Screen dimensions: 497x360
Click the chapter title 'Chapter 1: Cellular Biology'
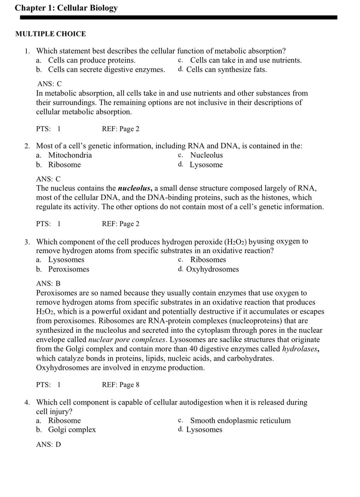click(x=66, y=8)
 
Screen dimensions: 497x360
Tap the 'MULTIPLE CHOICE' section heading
click(x=50, y=34)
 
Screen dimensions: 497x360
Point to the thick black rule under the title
click(x=179, y=17)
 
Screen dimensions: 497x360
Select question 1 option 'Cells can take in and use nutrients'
click(x=245, y=60)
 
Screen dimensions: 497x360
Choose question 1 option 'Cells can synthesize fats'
click(x=226, y=70)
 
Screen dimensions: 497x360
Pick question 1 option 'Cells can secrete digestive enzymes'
click(x=106, y=70)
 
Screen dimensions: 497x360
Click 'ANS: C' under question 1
click(x=49, y=84)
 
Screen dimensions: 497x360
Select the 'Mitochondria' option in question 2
click(x=70, y=155)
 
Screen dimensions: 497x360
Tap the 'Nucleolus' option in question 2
click(x=206, y=155)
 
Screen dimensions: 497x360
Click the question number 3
click(x=27, y=242)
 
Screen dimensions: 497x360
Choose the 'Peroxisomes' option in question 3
click(x=68, y=269)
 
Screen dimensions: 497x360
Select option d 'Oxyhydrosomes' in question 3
click(x=212, y=269)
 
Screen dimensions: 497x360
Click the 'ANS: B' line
click(x=48, y=284)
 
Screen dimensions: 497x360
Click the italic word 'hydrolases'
click(x=299, y=349)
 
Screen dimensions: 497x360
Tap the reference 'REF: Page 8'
click(x=120, y=385)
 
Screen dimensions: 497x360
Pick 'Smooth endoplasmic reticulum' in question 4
click(x=240, y=421)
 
